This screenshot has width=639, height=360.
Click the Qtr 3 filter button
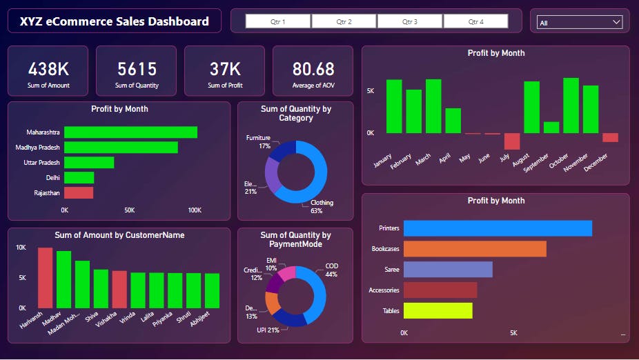(x=410, y=22)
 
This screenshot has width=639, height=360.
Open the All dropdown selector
(x=580, y=23)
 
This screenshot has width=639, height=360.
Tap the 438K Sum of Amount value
(x=48, y=69)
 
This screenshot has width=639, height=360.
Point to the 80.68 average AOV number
(x=313, y=69)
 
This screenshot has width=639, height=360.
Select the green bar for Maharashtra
(x=130, y=132)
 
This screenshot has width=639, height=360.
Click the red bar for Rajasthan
(x=79, y=193)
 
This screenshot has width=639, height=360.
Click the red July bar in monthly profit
(x=511, y=141)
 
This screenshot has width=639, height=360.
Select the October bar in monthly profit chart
(x=571, y=106)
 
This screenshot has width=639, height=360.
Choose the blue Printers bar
(x=498, y=228)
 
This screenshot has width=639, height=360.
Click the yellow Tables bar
(x=438, y=310)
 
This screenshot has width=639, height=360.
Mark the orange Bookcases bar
(x=475, y=249)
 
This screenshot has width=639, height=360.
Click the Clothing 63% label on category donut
(x=322, y=206)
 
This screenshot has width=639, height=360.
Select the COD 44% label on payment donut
(x=331, y=270)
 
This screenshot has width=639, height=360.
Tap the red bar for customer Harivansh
(x=45, y=278)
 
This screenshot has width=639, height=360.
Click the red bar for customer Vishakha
(x=119, y=289)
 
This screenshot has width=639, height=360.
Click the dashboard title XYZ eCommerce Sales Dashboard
(x=115, y=21)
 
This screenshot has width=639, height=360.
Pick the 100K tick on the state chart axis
(x=195, y=210)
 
